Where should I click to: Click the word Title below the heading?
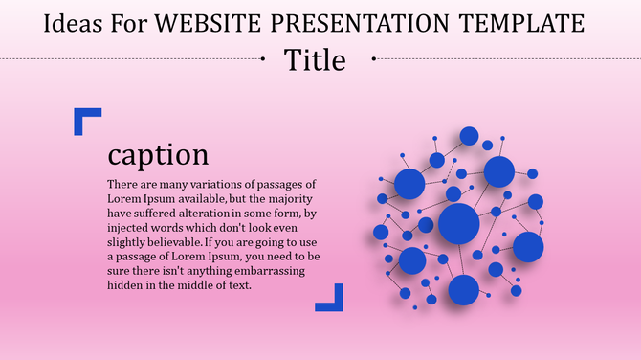click(315, 59)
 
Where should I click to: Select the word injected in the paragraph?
click(129, 228)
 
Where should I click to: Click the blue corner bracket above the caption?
click(86, 120)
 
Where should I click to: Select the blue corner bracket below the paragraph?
click(330, 298)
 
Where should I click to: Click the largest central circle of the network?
click(458, 223)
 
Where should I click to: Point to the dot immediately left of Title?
click(264, 59)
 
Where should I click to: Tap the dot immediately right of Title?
click(372, 59)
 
